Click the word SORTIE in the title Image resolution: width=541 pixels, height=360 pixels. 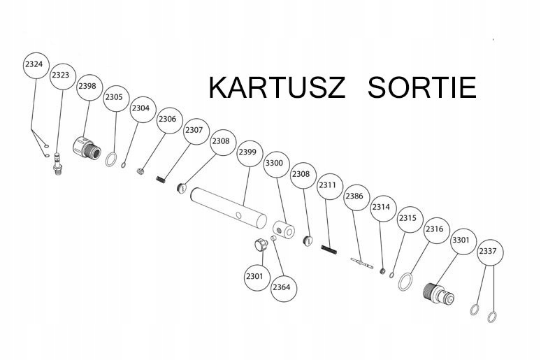(x=421, y=89)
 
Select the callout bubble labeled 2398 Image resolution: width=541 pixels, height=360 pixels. (x=87, y=86)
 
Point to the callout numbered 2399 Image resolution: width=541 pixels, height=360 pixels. (x=248, y=152)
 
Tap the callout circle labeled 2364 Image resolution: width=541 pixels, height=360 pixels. (x=281, y=287)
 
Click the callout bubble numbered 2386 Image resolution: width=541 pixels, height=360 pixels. (x=354, y=196)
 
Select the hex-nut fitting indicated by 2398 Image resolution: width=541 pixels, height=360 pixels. (x=83, y=147)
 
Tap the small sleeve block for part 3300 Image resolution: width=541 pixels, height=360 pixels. (x=284, y=230)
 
